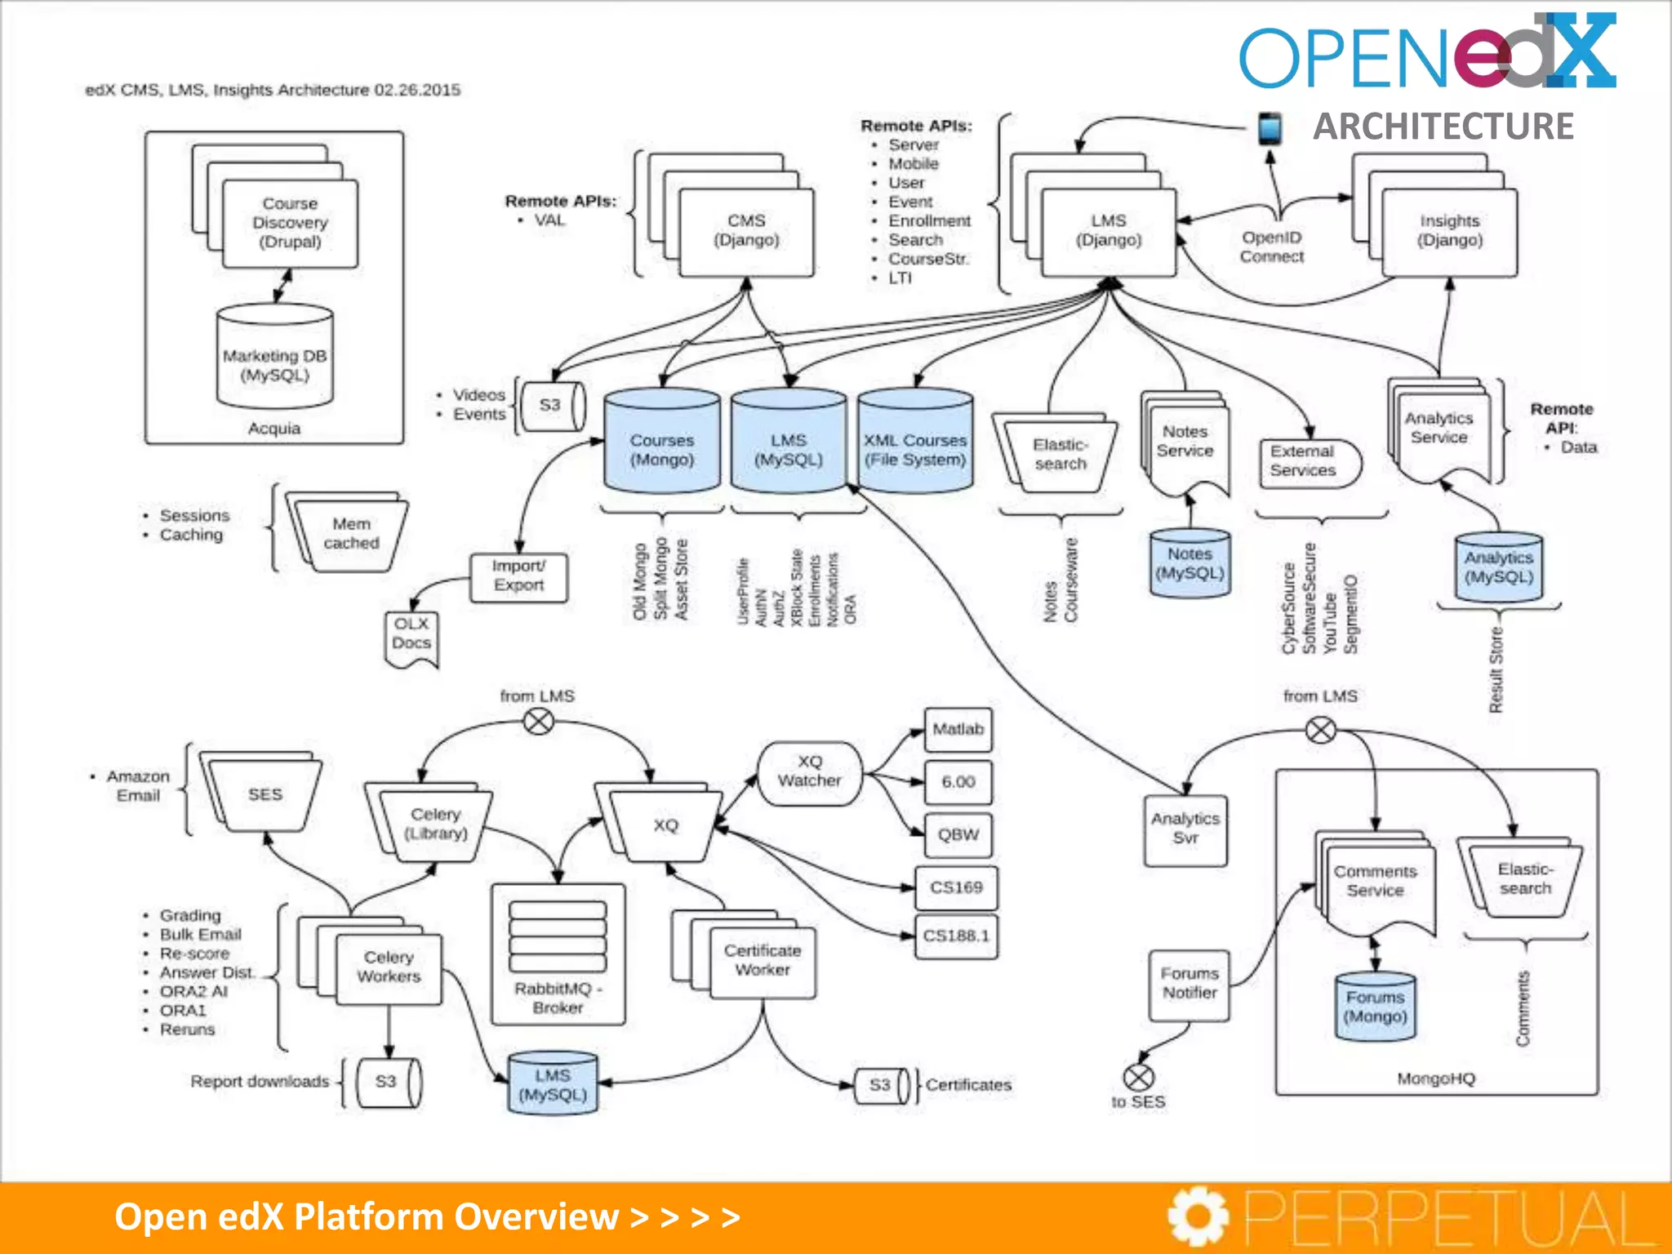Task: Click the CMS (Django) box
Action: pos(746,231)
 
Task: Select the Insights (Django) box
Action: pos(1449,231)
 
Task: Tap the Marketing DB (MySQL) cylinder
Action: pos(275,359)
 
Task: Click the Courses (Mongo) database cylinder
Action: pos(662,445)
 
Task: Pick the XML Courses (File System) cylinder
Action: pos(915,445)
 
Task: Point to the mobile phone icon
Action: pos(1269,129)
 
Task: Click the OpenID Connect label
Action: pos(1272,247)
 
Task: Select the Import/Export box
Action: pos(518,576)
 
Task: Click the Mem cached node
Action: pos(352,534)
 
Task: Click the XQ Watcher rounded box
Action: pos(809,772)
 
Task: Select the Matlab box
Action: pos(958,729)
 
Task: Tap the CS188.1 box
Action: pos(956,936)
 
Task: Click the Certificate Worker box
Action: pos(763,961)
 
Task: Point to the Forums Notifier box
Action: pos(1190,984)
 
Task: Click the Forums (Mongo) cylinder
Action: pos(1376,1007)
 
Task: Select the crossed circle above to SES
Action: pos(1138,1077)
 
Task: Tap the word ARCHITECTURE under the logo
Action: pos(1443,127)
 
